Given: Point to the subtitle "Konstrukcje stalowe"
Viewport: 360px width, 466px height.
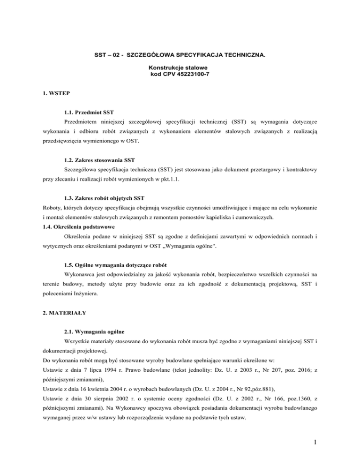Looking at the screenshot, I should pos(180,68).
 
